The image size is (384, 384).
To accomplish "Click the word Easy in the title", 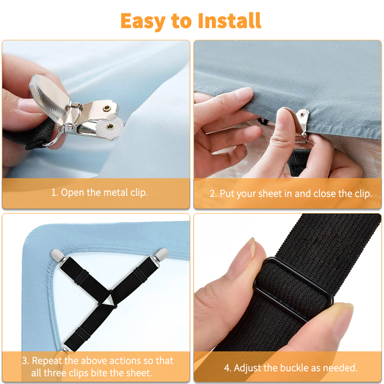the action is [x=143, y=22].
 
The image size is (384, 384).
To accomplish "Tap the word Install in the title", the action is [x=229, y=21].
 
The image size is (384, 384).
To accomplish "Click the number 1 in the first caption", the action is [x=54, y=193].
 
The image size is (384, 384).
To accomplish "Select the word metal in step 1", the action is [x=115, y=193].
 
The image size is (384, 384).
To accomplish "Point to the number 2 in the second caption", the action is [x=212, y=194].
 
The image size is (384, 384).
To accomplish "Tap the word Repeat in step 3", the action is [x=47, y=361].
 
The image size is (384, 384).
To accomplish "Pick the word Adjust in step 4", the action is [x=247, y=368].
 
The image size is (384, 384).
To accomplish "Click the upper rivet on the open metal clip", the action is [x=106, y=108].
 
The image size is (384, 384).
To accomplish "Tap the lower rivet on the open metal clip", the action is [x=109, y=127].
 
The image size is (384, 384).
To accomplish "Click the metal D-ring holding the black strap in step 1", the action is [x=54, y=140].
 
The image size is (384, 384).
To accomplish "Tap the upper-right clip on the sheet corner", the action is [x=161, y=255].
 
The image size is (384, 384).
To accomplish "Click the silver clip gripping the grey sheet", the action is [x=303, y=122].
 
